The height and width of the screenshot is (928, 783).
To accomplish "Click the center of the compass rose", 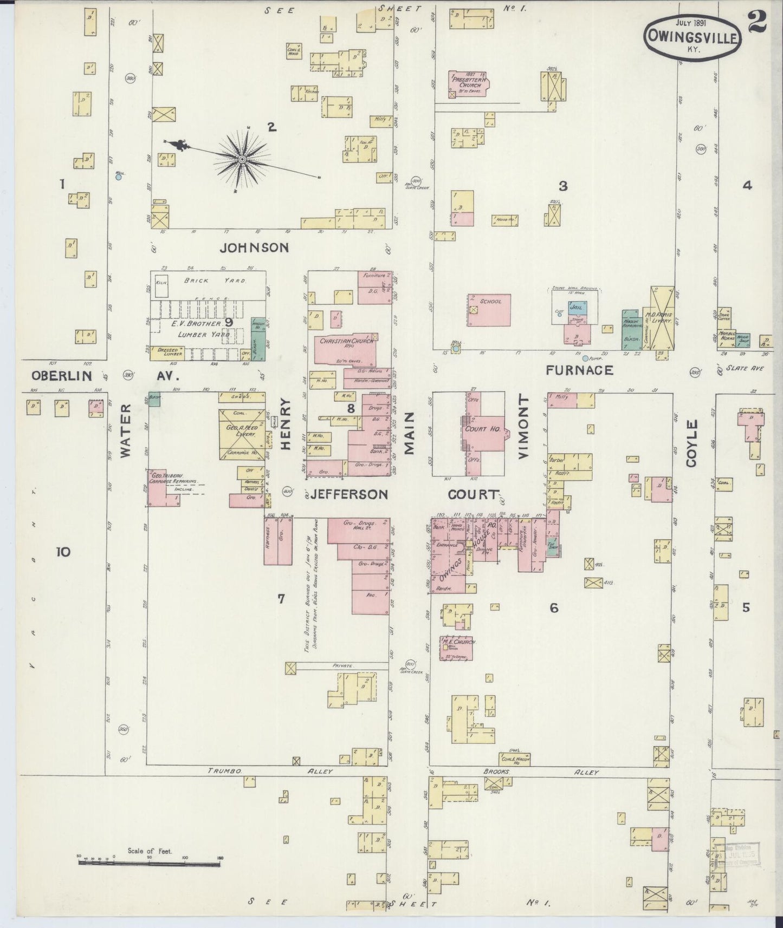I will (x=242, y=159).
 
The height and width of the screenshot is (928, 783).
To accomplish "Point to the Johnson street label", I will (x=254, y=248).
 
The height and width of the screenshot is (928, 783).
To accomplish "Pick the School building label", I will (x=490, y=301).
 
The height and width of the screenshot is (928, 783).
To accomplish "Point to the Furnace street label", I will (x=579, y=370).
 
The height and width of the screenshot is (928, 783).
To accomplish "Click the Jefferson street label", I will (x=350, y=494).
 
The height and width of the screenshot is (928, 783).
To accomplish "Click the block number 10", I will (x=63, y=552).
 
